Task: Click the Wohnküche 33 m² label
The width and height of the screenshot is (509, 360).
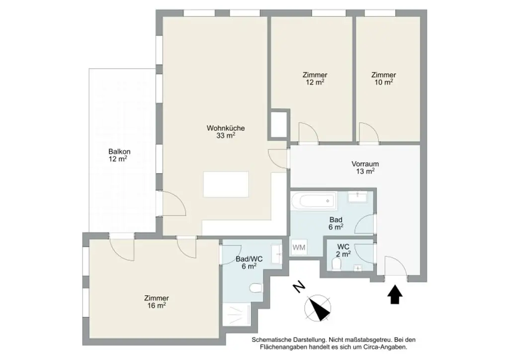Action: (226, 131)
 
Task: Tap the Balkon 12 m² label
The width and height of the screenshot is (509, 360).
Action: (118, 155)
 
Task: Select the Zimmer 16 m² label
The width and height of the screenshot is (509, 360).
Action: (156, 302)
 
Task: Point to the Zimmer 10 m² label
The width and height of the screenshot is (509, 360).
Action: (383, 79)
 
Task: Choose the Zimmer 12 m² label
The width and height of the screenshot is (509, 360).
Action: (315, 79)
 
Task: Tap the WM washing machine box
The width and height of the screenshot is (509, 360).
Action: (299, 247)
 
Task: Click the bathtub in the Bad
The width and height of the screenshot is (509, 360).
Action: (313, 202)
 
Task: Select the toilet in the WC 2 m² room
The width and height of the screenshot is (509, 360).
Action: (336, 265)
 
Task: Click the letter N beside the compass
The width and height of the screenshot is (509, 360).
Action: (298, 287)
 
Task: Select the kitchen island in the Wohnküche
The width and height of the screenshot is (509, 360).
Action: (226, 184)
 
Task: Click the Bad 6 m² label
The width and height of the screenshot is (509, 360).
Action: (336, 223)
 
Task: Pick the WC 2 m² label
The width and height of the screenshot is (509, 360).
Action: (343, 250)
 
